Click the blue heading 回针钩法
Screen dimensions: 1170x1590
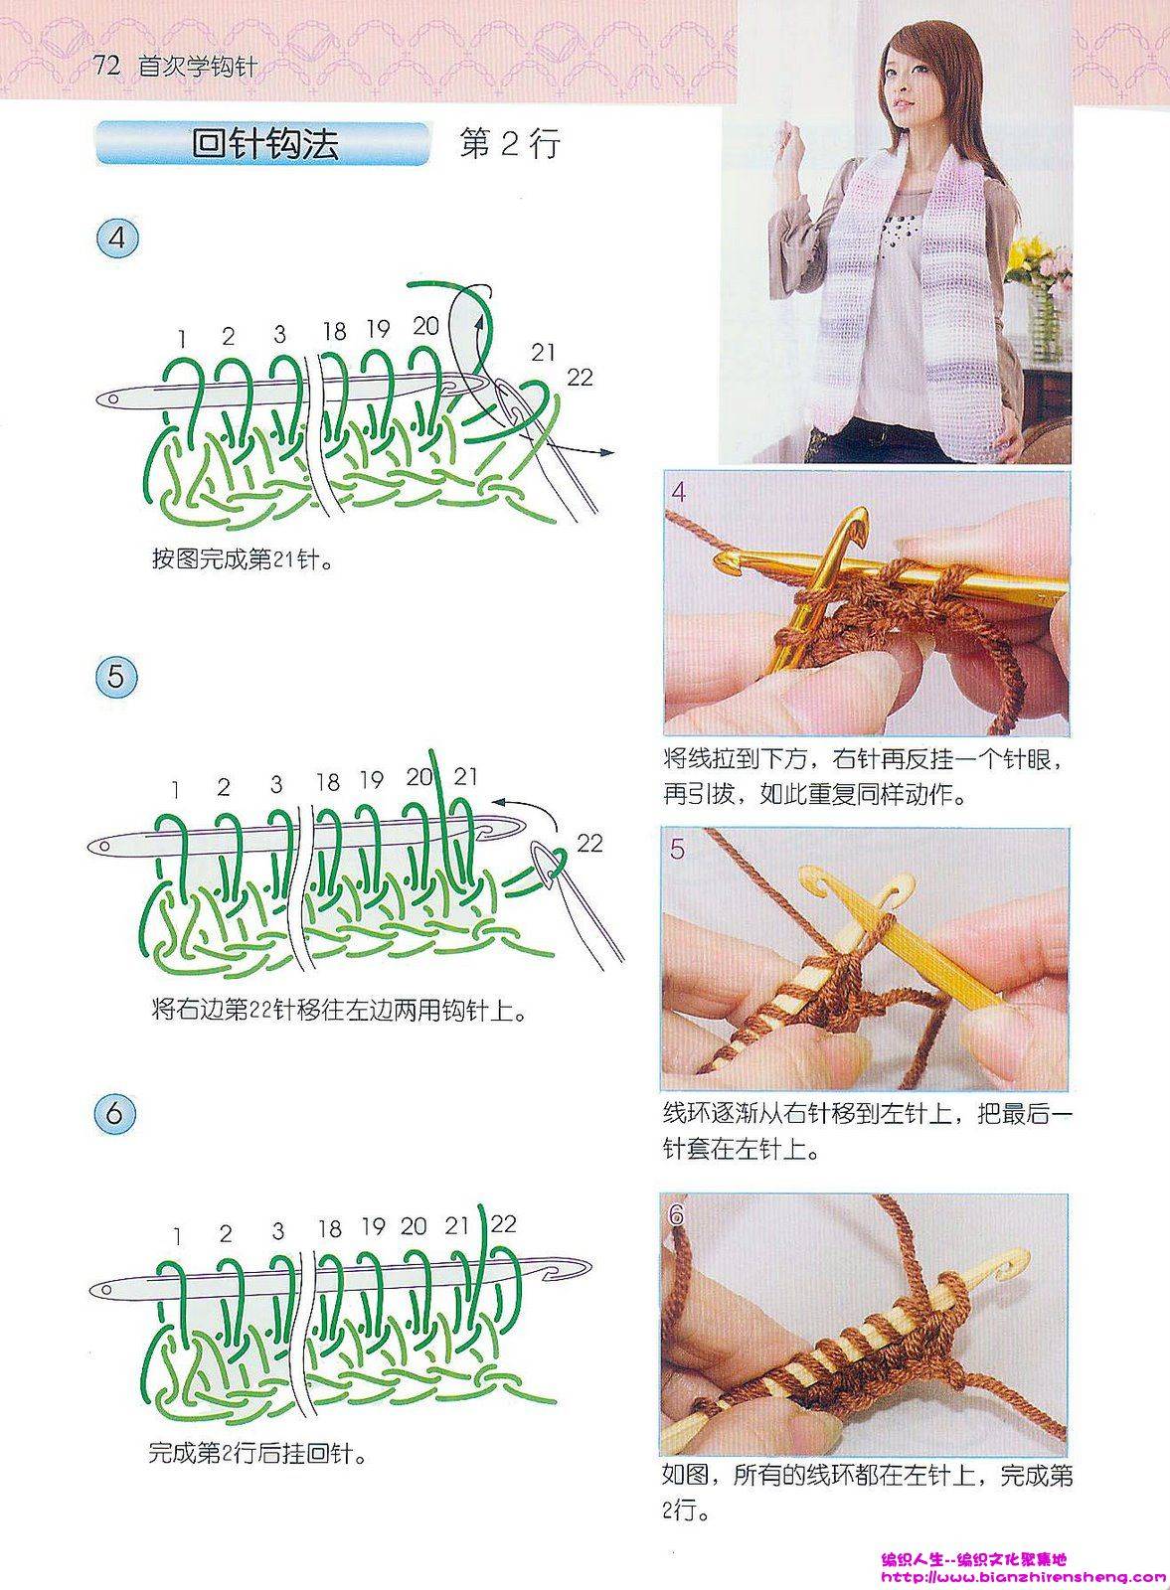point(264,144)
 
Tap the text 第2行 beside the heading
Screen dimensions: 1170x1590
point(510,143)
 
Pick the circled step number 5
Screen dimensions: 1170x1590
point(115,677)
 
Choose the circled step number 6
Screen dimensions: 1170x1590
point(114,1113)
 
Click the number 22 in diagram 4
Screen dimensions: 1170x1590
point(581,377)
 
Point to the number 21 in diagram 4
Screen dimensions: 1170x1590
point(543,352)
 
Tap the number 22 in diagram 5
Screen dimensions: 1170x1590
point(589,844)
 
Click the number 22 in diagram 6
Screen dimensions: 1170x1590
point(503,1223)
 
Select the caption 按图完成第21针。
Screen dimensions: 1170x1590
point(243,560)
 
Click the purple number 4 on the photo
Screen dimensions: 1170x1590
point(679,492)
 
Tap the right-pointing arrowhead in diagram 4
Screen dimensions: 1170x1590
point(607,452)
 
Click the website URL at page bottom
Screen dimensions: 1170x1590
point(1022,1576)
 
